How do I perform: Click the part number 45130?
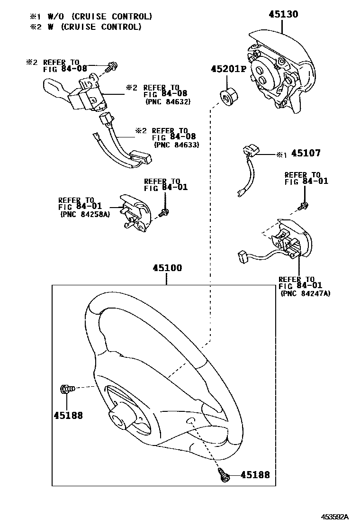click(283, 14)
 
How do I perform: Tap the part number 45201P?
click(228, 69)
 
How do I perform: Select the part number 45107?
click(306, 153)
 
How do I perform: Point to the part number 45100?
click(167, 268)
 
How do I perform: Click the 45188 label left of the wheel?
click(68, 416)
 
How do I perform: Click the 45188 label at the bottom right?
click(255, 474)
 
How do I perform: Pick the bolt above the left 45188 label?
click(67, 389)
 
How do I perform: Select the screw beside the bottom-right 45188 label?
click(224, 474)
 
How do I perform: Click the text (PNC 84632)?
click(168, 101)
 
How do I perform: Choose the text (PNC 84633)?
click(177, 145)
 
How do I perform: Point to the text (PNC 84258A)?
click(85, 214)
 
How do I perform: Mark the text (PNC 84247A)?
click(305, 293)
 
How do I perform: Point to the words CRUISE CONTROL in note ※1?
click(112, 16)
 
